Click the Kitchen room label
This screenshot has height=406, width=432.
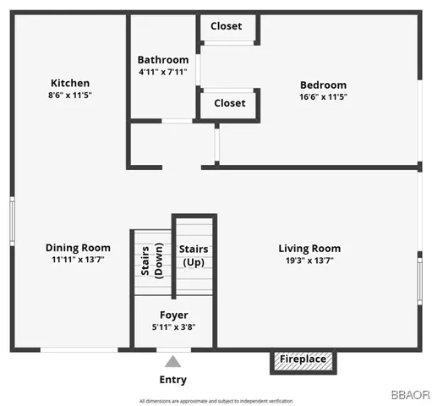70,83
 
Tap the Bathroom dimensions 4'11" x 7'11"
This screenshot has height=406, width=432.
163,72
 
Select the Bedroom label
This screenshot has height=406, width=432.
323,85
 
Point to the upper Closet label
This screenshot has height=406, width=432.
227,26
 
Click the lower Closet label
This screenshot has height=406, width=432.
230,103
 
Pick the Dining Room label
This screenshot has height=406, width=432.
78,248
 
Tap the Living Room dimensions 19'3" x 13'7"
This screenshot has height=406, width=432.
309,261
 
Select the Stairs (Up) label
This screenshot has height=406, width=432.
194,255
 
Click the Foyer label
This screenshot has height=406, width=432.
174,315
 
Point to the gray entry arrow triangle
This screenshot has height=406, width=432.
173,360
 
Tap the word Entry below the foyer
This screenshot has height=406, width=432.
173,380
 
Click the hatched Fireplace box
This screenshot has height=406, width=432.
303,359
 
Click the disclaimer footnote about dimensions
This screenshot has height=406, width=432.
216,400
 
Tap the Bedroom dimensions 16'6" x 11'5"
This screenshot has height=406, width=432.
323,96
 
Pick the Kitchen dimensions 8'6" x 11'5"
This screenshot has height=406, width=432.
70,96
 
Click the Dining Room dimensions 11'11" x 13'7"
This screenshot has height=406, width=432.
78,261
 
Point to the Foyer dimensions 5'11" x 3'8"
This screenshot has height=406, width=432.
174,326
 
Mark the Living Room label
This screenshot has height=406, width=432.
309,249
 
